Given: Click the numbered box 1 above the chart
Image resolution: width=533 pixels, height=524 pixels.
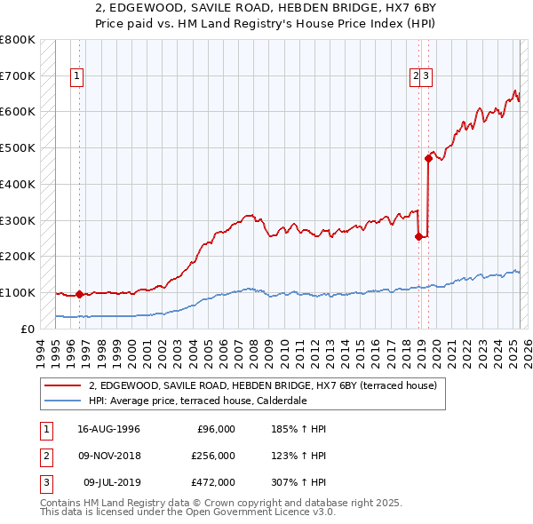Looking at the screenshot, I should click(78, 77).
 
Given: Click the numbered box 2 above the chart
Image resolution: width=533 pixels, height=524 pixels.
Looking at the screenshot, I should click(415, 77).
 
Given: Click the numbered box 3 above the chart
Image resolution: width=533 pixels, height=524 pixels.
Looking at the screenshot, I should click(426, 77).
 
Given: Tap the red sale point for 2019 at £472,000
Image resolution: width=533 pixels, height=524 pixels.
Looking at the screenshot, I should click(428, 159).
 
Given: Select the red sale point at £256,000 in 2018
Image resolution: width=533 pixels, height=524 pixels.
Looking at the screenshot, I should click(418, 236).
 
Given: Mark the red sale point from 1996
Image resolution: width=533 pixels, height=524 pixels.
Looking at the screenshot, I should click(79, 294).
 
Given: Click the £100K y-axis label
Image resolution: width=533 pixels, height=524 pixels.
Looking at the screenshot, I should click(18, 292).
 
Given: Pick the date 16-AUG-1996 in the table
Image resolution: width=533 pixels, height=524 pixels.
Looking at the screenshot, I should click(107, 429).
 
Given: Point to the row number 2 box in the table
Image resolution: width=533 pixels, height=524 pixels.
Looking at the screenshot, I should click(44, 456).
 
